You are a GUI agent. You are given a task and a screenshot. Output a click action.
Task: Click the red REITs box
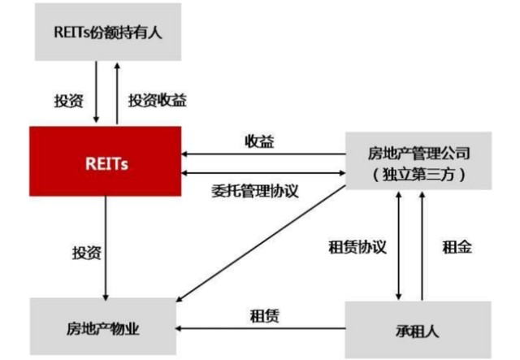106,162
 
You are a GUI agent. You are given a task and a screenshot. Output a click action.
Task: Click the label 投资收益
158,100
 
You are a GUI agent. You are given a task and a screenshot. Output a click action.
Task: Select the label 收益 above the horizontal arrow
260,141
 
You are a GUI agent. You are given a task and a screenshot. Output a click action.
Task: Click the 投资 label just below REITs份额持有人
67,100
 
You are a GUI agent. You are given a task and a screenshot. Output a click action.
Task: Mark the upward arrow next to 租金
422,245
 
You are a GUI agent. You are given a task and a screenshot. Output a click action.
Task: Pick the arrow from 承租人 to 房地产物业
260,329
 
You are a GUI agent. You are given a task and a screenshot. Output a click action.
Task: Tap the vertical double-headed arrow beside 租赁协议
399,245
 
